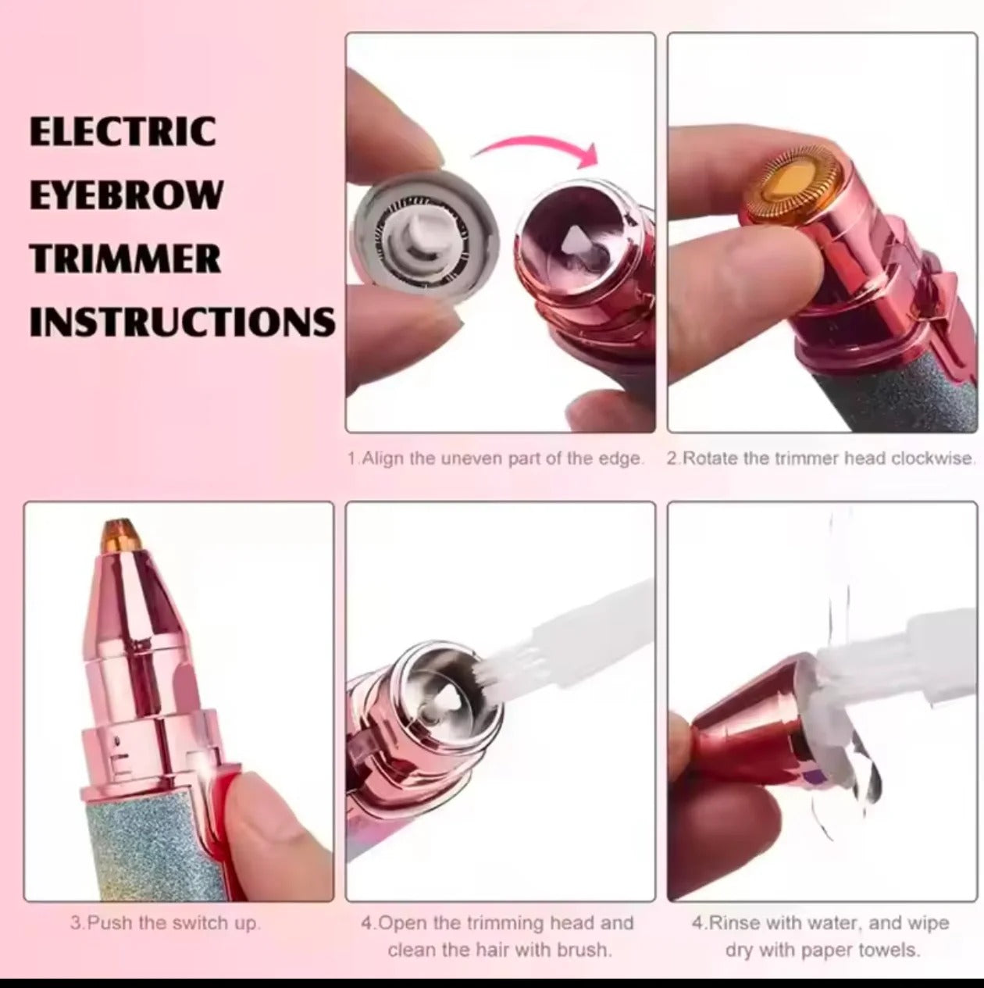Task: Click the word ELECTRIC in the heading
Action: click(123, 131)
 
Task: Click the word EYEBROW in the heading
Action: click(127, 194)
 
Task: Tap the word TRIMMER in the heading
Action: click(126, 259)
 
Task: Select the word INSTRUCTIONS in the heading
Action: click(183, 322)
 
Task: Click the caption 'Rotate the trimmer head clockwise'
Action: click(820, 459)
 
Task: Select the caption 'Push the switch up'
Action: click(165, 923)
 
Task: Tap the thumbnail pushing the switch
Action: click(266, 804)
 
